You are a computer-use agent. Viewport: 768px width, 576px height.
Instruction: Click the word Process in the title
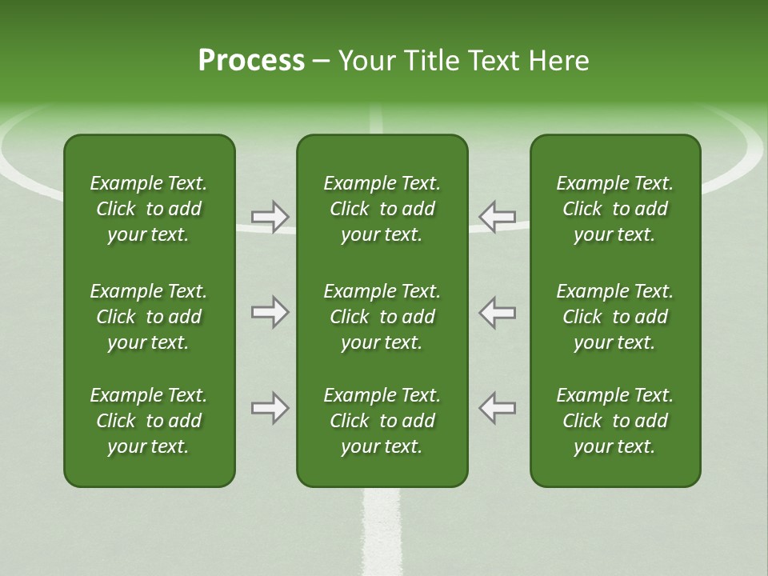tap(251, 61)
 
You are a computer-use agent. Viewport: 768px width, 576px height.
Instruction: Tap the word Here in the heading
tap(558, 61)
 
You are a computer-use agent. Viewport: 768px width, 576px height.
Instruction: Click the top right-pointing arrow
tap(270, 217)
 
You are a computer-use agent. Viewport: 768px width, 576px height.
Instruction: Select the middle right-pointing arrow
tap(270, 312)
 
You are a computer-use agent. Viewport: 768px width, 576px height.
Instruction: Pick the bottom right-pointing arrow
tap(270, 408)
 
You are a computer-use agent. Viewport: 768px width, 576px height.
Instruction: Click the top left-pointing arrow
tap(497, 217)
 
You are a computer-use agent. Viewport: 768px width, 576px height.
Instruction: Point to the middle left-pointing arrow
tap(497, 312)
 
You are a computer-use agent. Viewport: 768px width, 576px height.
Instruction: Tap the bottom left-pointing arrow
tap(497, 408)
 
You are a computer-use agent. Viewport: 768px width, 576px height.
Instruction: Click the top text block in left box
tap(149, 209)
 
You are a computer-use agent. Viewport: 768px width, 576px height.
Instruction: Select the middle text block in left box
tap(149, 317)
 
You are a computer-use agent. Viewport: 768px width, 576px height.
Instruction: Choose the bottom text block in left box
tap(149, 421)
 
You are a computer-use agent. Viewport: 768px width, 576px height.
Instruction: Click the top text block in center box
tap(382, 209)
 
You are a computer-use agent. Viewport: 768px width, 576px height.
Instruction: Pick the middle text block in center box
tap(382, 317)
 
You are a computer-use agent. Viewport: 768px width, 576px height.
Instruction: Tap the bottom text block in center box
tap(382, 421)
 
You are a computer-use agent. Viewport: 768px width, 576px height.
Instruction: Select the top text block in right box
tap(614, 209)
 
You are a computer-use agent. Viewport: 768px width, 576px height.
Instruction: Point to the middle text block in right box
tap(614, 317)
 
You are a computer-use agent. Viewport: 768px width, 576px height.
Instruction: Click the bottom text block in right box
tap(614, 421)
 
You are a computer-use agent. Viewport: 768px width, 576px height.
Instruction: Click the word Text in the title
tap(495, 61)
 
